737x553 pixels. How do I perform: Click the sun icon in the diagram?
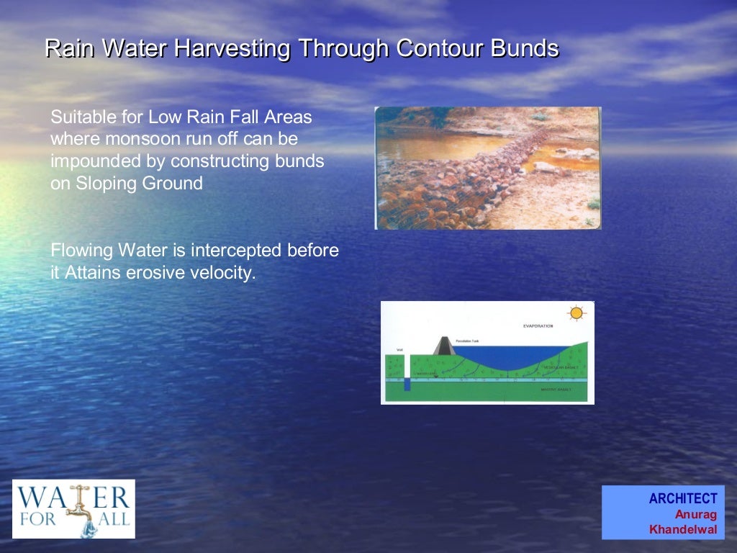[575, 313]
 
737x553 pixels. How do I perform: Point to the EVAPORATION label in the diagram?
[538, 326]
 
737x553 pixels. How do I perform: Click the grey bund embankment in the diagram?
[442, 345]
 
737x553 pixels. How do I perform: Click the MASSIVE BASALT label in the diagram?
[555, 389]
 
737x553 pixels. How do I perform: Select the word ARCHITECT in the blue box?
[682, 498]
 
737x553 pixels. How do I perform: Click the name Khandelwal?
[682, 529]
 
